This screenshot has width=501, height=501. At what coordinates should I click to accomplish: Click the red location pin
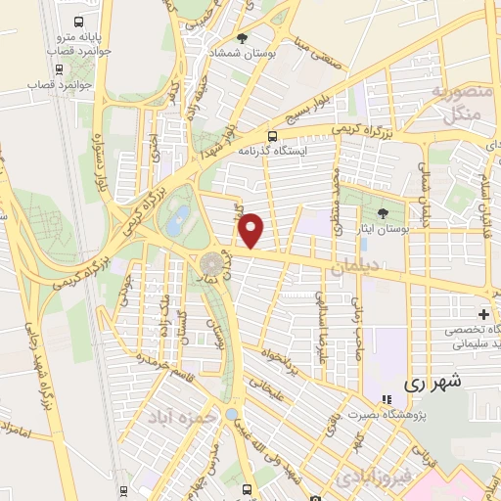tap(252, 230)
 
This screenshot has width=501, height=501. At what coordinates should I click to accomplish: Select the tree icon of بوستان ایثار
tap(383, 213)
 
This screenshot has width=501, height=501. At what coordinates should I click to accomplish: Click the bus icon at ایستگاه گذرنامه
tap(273, 136)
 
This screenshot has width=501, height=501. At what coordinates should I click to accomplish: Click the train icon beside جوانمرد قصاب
tap(61, 69)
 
